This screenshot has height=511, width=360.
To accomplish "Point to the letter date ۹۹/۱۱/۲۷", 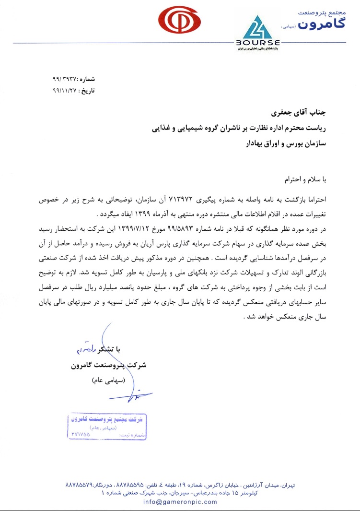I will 64,89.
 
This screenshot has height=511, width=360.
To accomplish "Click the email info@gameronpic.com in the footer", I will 180,502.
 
